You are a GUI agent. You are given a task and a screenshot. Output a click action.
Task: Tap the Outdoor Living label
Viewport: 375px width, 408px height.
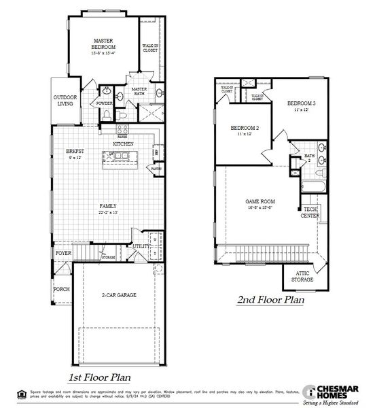click(x=65, y=101)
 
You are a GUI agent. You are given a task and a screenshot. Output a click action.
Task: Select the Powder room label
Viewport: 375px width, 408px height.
click(x=105, y=104)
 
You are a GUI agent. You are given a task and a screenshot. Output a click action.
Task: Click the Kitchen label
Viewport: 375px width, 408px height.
click(x=123, y=145)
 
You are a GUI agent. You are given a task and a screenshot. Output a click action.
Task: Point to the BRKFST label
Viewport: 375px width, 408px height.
click(x=74, y=152)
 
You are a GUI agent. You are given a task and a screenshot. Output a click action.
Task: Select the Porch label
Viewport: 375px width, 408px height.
click(x=61, y=288)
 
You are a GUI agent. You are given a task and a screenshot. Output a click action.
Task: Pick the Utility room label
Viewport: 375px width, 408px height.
click(x=141, y=247)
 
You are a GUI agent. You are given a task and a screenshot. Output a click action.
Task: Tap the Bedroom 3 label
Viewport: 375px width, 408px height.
click(x=302, y=103)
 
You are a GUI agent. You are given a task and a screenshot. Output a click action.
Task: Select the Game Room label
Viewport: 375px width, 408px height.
click(x=260, y=202)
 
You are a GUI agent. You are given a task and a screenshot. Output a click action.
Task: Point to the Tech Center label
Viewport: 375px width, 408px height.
click(x=310, y=213)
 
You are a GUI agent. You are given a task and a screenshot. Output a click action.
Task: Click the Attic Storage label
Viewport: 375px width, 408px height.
click(x=302, y=276)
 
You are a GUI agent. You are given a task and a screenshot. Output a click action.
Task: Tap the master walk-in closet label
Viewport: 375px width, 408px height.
click(x=150, y=48)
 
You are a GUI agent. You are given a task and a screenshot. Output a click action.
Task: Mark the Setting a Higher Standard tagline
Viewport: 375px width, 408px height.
click(x=336, y=401)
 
